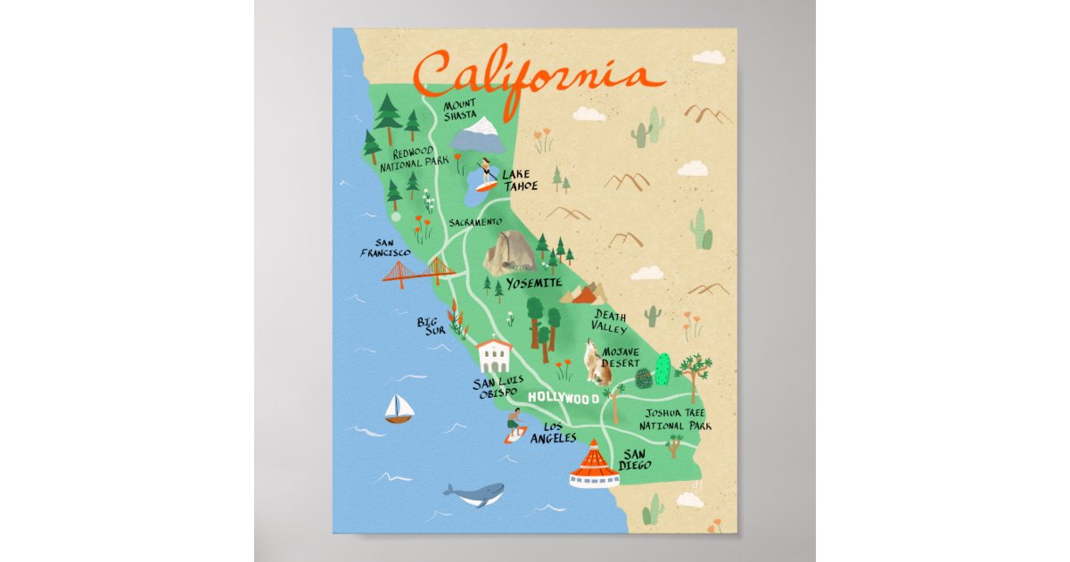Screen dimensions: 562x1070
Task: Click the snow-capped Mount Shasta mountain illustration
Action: point(478,133)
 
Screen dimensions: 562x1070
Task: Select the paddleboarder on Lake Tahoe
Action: point(485,175)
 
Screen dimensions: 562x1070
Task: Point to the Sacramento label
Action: point(475,222)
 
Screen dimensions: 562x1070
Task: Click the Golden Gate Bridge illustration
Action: point(418,271)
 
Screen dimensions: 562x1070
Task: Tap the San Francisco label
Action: point(385,248)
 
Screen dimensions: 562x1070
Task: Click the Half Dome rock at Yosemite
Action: point(509,252)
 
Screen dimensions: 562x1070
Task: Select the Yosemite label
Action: point(534,284)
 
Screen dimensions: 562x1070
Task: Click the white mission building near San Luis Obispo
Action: point(494,354)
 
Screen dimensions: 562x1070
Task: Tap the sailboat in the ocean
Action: point(399,409)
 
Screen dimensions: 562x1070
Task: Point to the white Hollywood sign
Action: point(563,398)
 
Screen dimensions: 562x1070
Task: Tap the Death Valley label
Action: point(610,322)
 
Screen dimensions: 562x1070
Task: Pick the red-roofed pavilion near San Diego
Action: point(594,466)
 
